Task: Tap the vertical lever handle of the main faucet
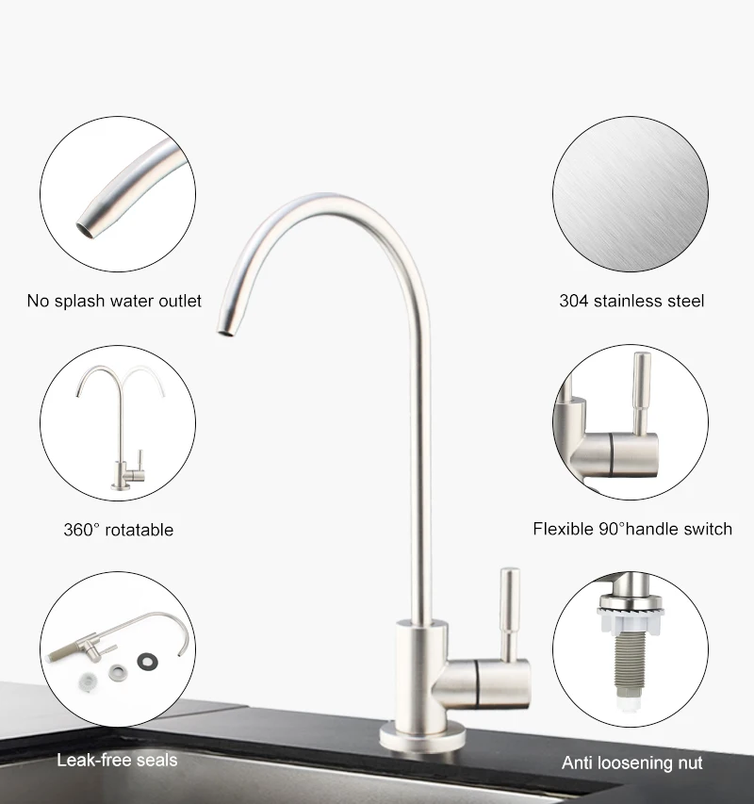coord(509,613)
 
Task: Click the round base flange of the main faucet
coord(422,736)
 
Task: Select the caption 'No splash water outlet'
coord(114,302)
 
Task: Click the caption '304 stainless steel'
coord(631,302)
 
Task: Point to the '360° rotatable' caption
coord(119,530)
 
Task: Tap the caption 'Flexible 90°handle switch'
coord(632,529)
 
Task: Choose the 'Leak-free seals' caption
coord(117,760)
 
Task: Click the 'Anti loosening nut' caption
coord(632,763)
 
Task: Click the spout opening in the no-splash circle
coord(85,223)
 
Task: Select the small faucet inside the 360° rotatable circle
coord(123,429)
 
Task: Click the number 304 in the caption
coord(574,302)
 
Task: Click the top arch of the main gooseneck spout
coord(330,201)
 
